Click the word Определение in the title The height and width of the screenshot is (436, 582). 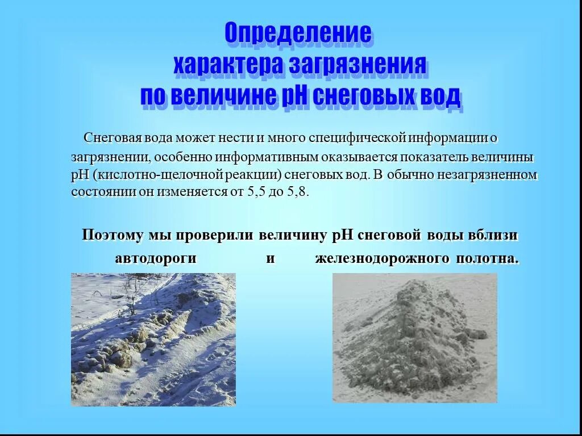tap(298, 33)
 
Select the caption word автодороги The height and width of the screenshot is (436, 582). tap(156, 259)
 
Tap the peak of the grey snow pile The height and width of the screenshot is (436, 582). tap(418, 283)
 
